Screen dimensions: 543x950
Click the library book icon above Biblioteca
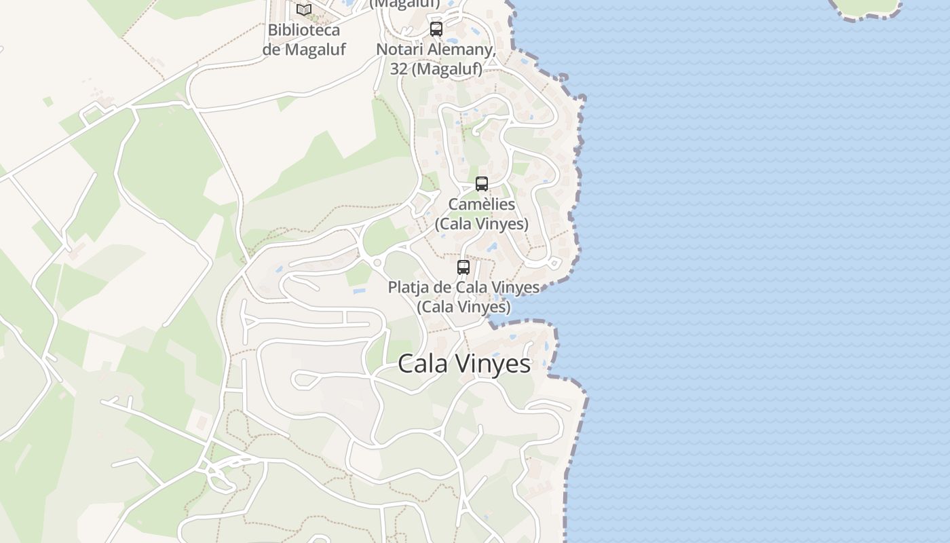[x=303, y=10]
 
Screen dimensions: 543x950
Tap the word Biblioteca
[x=303, y=30]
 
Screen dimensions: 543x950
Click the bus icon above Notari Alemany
[x=436, y=29]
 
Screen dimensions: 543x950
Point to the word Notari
[x=399, y=50]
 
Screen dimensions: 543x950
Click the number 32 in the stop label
[x=399, y=69]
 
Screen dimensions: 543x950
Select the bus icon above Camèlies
[x=482, y=184]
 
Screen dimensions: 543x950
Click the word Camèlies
[x=482, y=204]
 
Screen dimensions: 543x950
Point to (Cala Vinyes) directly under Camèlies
[x=482, y=223]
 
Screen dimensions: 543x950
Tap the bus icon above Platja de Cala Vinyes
[x=463, y=267]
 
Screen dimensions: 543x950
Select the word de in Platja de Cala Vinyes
[x=442, y=287]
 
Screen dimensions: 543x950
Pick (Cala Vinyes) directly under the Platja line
[x=463, y=306]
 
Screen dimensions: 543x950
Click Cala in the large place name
[x=423, y=364]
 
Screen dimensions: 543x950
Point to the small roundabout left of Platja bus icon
[x=377, y=263]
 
